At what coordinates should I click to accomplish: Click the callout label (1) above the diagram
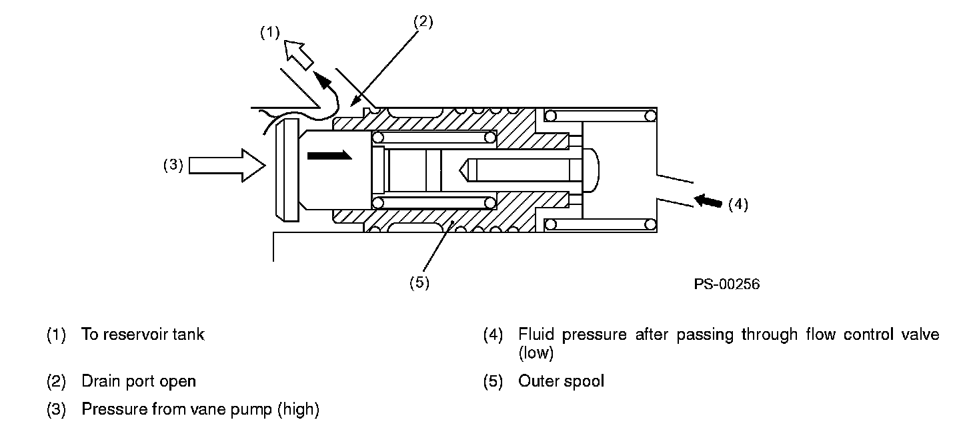tap(269, 33)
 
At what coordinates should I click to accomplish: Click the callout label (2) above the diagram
tap(423, 22)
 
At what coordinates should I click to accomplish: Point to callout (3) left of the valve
tap(173, 165)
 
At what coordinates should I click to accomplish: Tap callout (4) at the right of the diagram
tap(738, 204)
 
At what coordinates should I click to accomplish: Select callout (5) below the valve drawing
tap(419, 282)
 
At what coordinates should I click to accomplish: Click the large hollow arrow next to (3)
tap(227, 166)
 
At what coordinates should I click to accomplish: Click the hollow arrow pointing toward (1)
tap(299, 55)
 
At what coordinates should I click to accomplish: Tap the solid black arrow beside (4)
tap(708, 200)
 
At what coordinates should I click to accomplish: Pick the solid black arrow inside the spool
tap(329, 155)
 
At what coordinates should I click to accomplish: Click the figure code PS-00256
tap(726, 284)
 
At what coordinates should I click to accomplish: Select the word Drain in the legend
tap(100, 381)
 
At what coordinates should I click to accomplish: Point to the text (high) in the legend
tap(298, 409)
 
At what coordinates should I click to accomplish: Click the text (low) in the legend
tap(536, 353)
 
